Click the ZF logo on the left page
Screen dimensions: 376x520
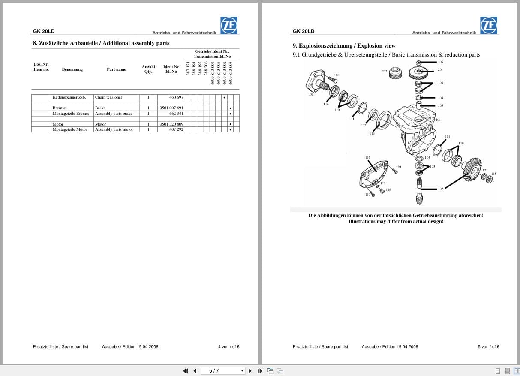tap(229, 25)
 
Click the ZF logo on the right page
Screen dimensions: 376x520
tap(489, 25)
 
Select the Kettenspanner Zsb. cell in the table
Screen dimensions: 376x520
tap(69, 97)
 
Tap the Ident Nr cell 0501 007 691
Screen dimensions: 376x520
tap(171, 108)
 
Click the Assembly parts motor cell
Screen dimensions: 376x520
tap(114, 129)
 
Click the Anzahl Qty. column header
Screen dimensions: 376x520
tap(148, 69)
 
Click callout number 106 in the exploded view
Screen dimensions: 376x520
tap(440, 62)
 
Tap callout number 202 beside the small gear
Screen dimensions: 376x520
tap(385, 71)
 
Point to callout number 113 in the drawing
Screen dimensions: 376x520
tap(372, 134)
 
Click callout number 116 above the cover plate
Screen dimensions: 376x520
tap(367, 158)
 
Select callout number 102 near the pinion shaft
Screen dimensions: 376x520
tap(440, 189)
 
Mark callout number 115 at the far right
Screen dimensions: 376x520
tap(493, 174)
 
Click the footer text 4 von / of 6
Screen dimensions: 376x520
tap(228, 347)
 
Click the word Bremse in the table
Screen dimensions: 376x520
tap(59, 108)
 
